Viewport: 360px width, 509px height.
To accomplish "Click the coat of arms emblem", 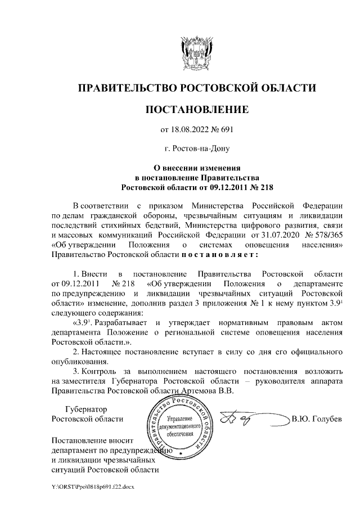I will (196, 53).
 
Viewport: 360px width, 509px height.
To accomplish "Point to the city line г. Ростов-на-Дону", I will (197, 149).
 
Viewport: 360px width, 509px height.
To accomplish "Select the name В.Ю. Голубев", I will (317, 420).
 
